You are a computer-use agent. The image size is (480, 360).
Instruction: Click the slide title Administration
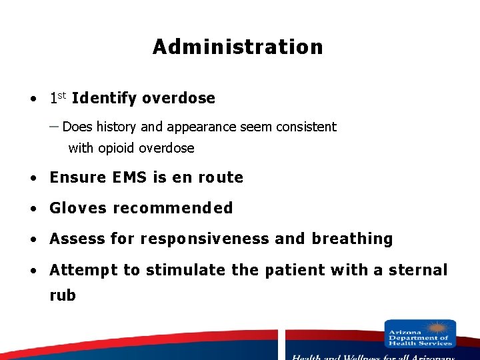[237, 47]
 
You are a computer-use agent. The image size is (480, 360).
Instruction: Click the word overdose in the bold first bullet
[179, 99]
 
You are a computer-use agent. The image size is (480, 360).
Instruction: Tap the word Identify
[104, 99]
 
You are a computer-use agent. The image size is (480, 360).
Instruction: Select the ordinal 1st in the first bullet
[57, 99]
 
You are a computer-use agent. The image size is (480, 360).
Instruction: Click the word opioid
[116, 149]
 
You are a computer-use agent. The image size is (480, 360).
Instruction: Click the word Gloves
[78, 208]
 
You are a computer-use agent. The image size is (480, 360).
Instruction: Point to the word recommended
[173, 208]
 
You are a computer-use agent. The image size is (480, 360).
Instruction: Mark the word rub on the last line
[63, 295]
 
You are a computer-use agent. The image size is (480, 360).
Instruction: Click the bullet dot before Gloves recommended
[33, 209]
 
